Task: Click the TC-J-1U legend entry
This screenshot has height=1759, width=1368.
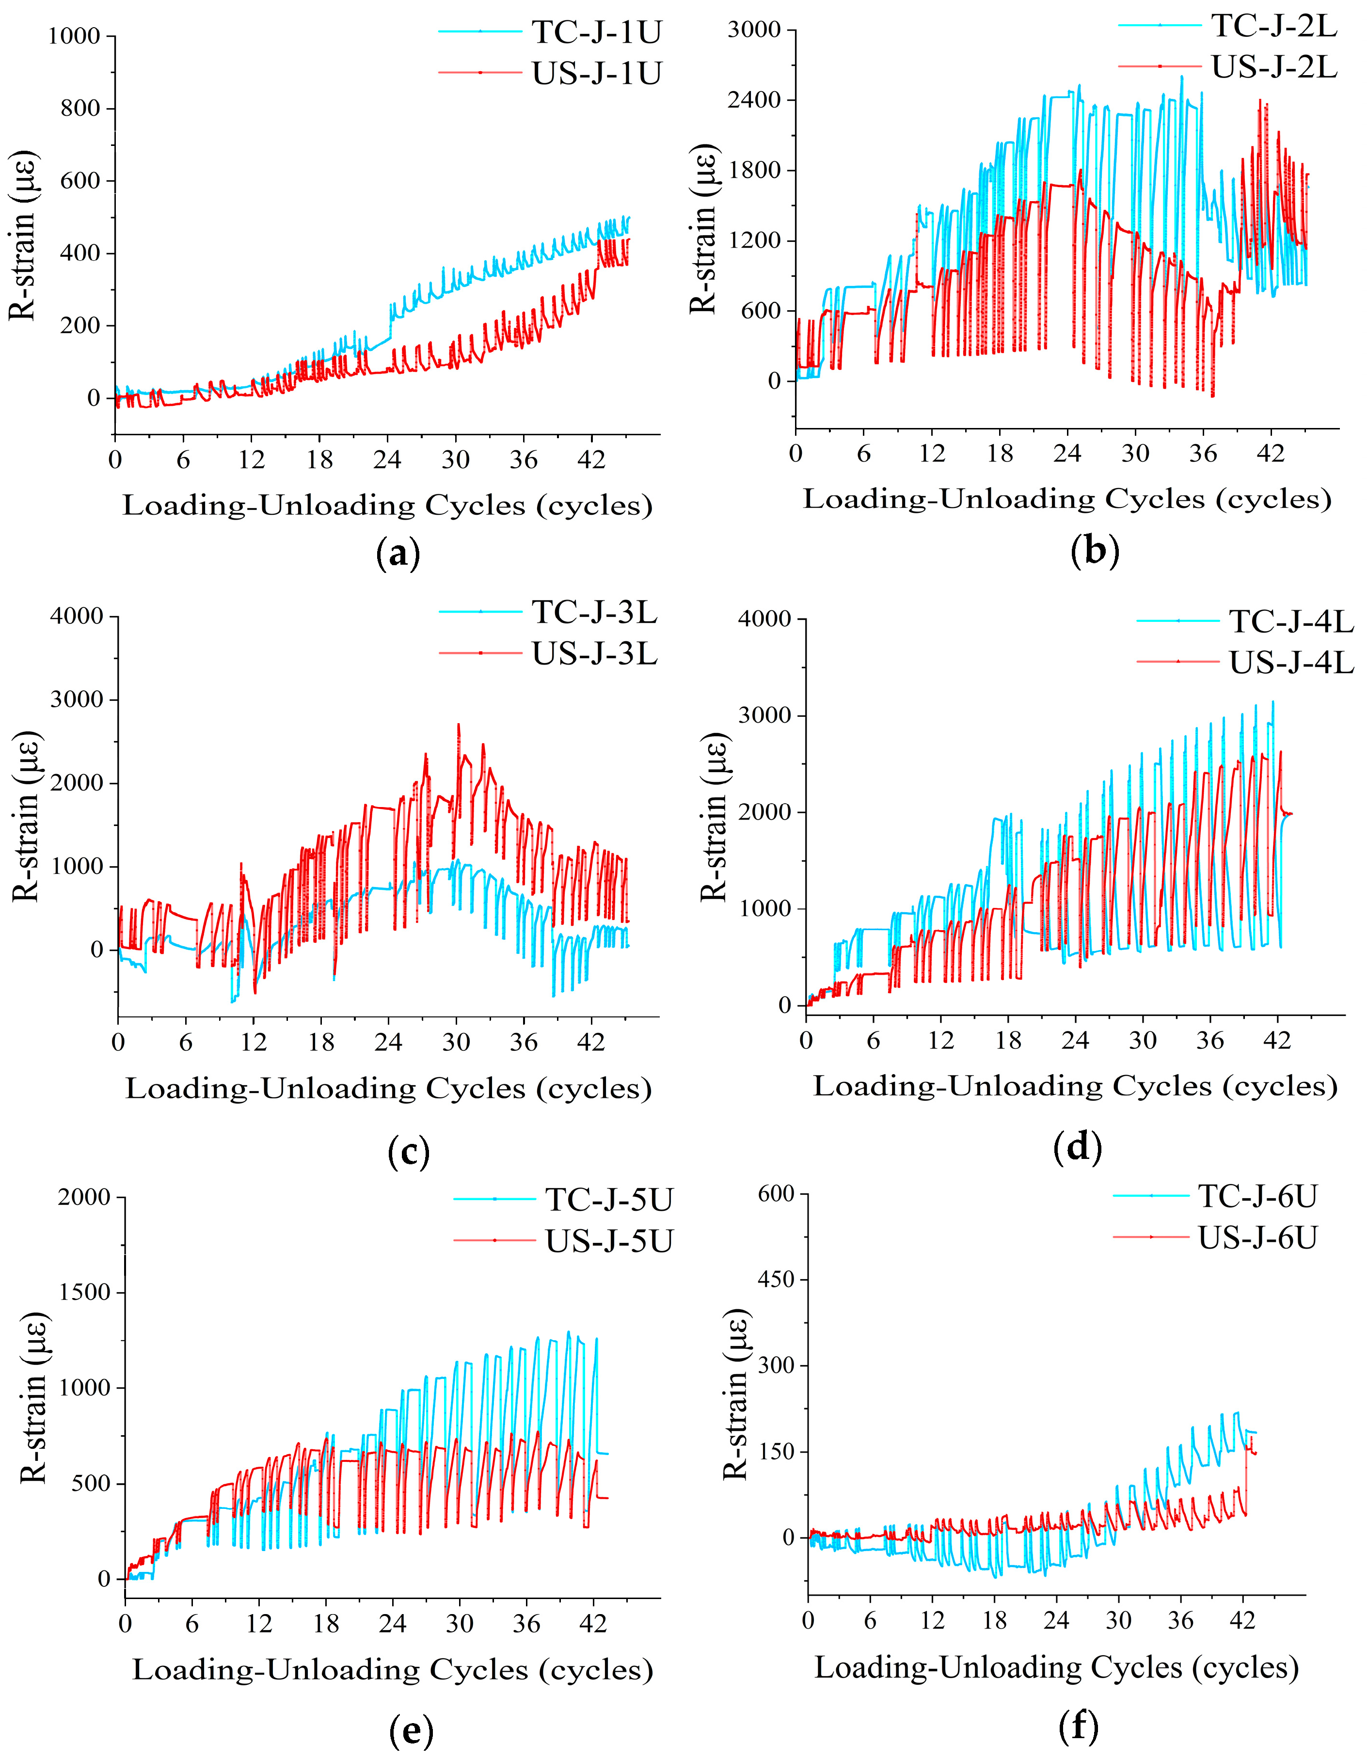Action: pos(596,32)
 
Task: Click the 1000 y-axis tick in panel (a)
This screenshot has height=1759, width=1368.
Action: pos(74,36)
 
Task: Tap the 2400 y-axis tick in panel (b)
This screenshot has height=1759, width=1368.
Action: pos(754,100)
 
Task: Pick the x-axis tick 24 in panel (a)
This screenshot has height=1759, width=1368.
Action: pos(387,460)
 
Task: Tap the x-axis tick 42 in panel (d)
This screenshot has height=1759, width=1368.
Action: pos(1277,1041)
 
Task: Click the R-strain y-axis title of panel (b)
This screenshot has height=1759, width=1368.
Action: pos(703,230)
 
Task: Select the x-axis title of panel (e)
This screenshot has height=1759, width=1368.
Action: pos(392,1670)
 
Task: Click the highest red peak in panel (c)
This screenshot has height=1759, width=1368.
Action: pos(459,724)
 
